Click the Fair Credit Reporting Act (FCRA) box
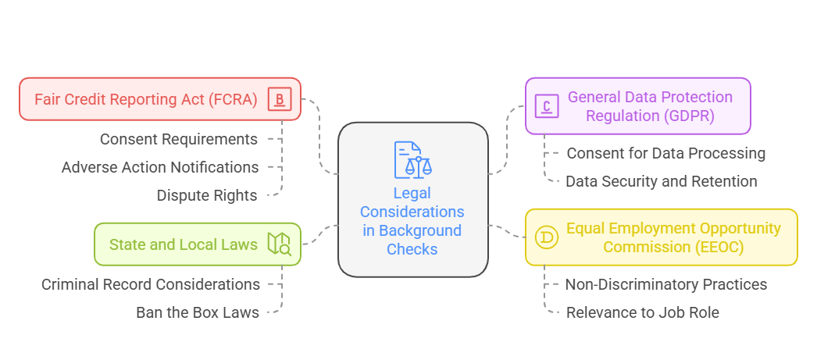point(145,99)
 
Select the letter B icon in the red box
point(279,99)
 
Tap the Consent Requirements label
point(178,139)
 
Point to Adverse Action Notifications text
point(160,167)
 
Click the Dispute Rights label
point(206,195)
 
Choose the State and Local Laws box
point(183,244)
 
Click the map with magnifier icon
point(279,244)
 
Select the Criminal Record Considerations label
point(151,284)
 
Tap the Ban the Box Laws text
point(197,312)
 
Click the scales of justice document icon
point(412,159)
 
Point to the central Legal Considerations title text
point(412,221)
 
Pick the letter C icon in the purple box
point(547,105)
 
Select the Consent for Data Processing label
point(665,153)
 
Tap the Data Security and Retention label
point(661,181)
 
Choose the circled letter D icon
point(547,237)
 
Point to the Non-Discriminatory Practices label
point(665,284)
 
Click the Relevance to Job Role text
point(641,312)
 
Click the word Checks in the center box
point(412,250)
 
